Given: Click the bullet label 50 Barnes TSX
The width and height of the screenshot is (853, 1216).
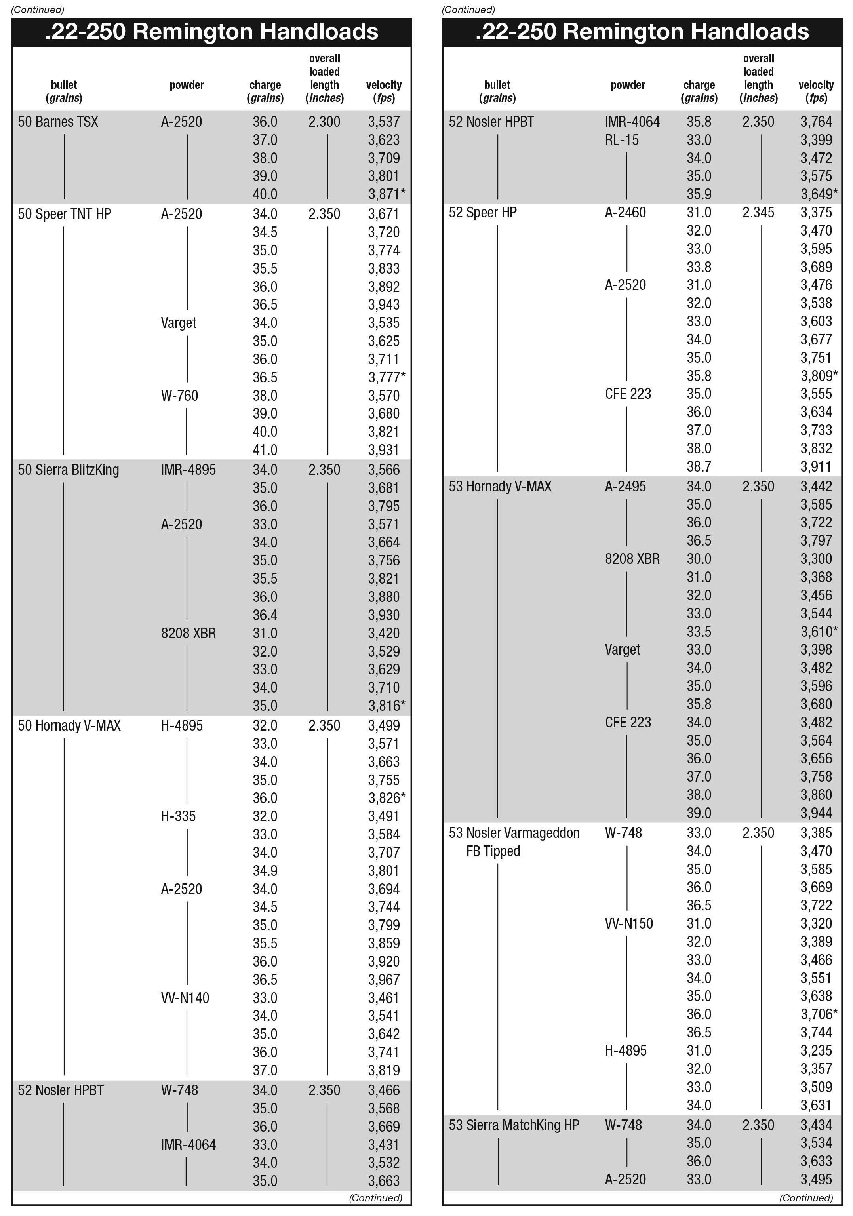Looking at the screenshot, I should (x=58, y=122).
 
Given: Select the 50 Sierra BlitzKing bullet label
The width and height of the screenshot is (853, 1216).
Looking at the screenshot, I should (x=69, y=470).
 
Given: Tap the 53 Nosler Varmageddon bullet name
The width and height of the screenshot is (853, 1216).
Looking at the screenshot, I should (x=514, y=833).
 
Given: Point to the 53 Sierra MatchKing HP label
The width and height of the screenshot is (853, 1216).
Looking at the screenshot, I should (x=514, y=1125).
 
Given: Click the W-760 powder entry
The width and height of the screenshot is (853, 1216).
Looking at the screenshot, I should (x=180, y=396).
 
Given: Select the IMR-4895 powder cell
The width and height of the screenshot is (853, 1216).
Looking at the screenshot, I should (x=188, y=470).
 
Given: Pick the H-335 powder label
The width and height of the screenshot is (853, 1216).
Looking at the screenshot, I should (x=179, y=816).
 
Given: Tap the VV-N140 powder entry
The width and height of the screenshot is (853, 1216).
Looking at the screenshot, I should (x=185, y=998).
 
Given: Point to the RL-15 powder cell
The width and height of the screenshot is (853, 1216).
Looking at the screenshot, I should (x=622, y=140).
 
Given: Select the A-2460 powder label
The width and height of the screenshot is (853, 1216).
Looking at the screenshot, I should (x=626, y=212).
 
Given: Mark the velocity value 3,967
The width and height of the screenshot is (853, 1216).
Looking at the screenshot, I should (x=384, y=980).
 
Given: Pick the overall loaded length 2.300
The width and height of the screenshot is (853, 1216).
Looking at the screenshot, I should (x=324, y=122).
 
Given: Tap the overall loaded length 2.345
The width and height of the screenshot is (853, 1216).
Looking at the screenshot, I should (x=758, y=212).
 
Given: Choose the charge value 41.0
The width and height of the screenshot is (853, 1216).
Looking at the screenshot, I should (x=265, y=450).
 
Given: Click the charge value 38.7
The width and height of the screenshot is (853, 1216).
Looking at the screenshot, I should (x=699, y=466).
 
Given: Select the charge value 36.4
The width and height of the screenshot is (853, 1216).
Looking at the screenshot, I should (x=265, y=615).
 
